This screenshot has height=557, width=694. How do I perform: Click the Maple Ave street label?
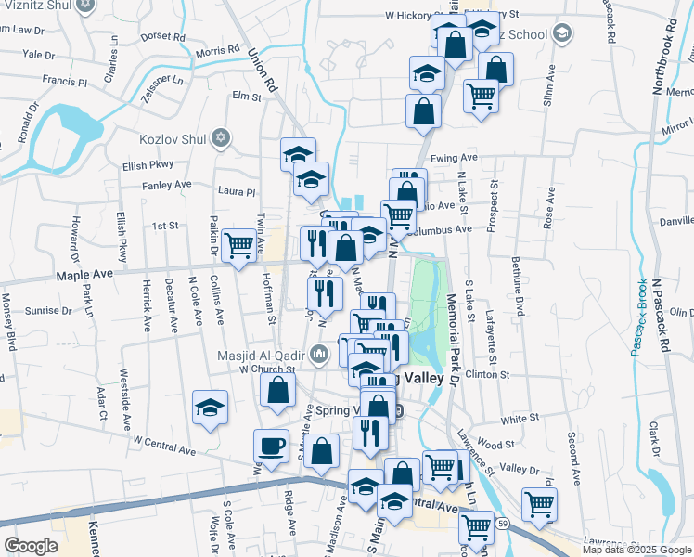(84, 275)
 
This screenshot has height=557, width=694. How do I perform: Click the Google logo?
(32, 546)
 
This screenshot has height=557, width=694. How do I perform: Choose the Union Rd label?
(263, 71)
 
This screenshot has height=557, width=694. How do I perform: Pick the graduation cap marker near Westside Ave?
(210, 408)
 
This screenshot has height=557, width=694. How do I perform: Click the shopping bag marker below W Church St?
(277, 391)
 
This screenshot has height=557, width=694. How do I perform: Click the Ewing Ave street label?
(455, 158)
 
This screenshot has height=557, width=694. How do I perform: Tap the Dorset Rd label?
(163, 37)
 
